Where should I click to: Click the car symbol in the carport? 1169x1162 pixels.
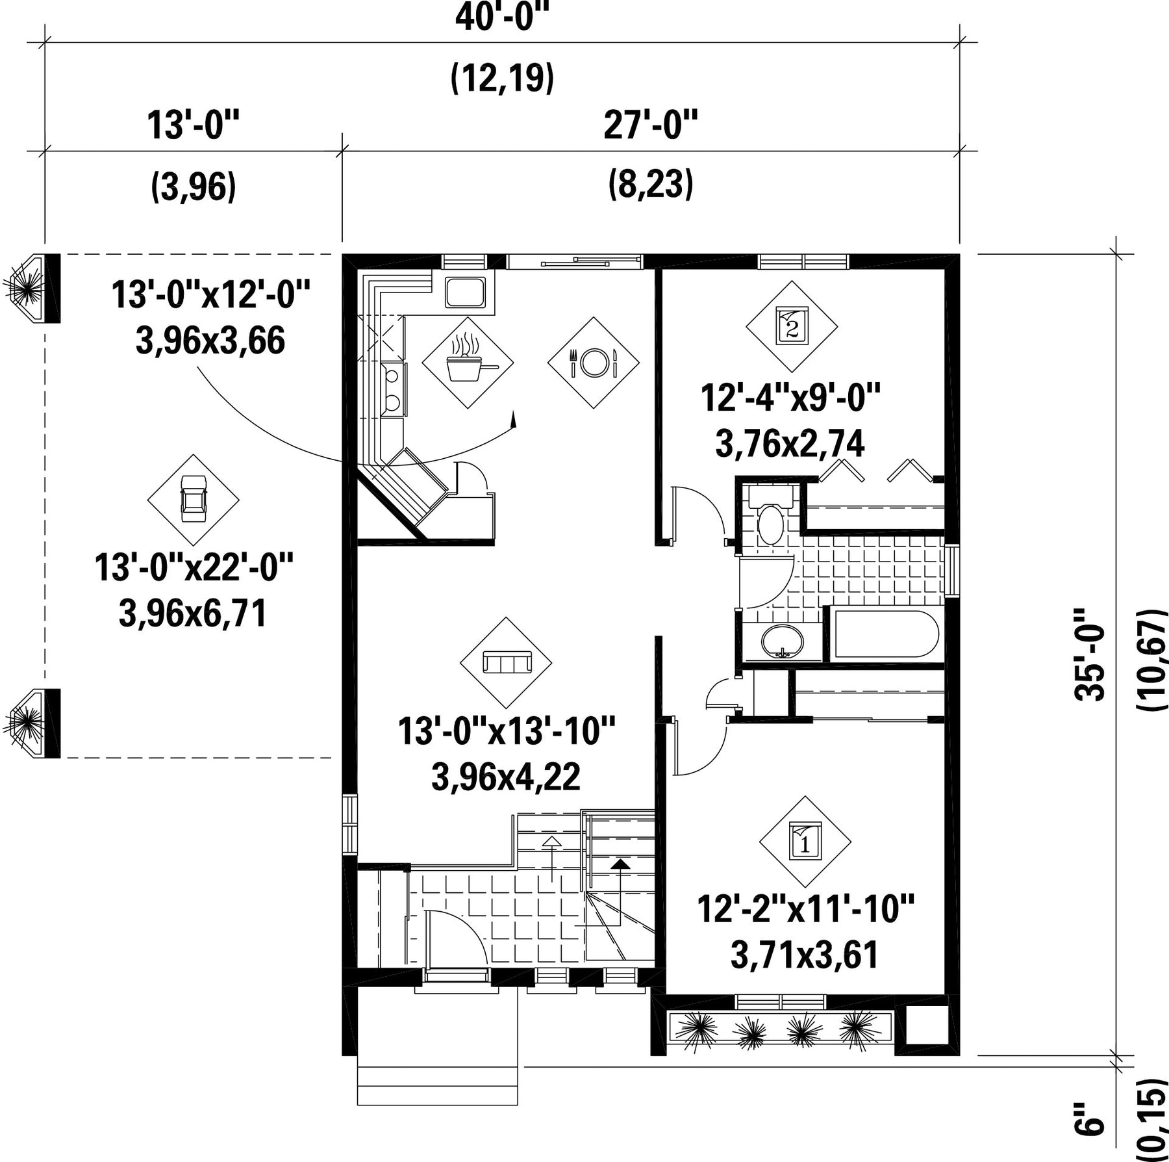coord(193,498)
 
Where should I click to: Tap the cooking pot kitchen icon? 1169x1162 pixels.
coord(468,363)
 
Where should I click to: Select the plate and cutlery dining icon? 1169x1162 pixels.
coord(593,363)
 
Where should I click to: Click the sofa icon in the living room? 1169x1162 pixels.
coord(507,662)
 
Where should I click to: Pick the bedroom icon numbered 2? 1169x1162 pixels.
coord(792,326)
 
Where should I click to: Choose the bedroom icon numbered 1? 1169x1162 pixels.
coord(805,842)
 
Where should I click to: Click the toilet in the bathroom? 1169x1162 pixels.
coord(771,516)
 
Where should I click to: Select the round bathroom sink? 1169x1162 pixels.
coord(783,642)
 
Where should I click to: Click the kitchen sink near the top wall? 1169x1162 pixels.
coord(465,292)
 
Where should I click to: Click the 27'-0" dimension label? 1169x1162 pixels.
coord(651,125)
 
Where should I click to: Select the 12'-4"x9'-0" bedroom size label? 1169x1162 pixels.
coord(790,397)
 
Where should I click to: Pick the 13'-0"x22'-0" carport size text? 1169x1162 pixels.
coord(194,567)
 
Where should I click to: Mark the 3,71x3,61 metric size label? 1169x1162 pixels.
coord(805,955)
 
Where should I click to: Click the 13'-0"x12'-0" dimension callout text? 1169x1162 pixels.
coord(210,294)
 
